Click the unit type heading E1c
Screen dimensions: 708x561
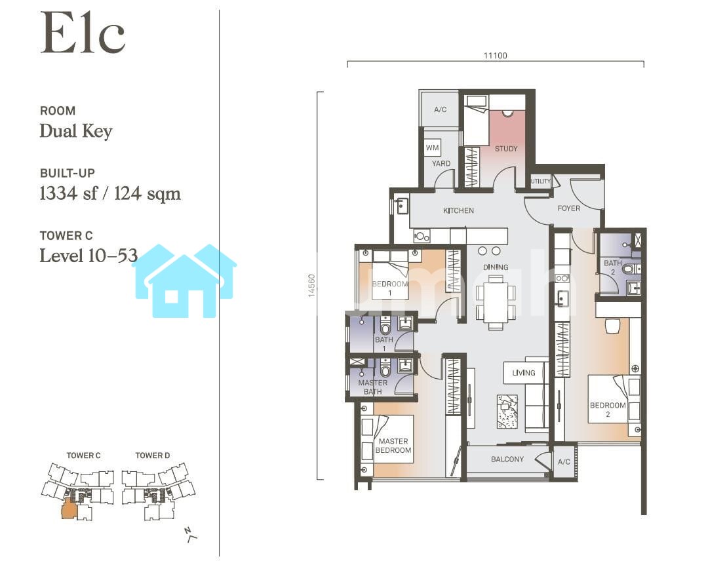tap(83, 33)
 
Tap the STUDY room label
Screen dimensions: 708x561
tap(505, 149)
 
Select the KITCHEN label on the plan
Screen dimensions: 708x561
tap(458, 210)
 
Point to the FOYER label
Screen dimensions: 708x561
tap(569, 208)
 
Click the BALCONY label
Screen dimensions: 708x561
tap(507, 459)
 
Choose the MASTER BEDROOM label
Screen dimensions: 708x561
tap(393, 446)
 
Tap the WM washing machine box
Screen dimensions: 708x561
tap(433, 147)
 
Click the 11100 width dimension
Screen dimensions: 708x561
tap(496, 56)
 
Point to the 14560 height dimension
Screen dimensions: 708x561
tap(311, 285)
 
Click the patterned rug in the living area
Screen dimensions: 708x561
tap(507, 411)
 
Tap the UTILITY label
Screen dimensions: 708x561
tap(540, 181)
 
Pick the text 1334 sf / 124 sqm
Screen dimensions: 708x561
tap(110, 193)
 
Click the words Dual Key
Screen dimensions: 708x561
tap(76, 131)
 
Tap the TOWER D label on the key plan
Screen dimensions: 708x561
tap(153, 455)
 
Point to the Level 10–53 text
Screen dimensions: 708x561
tap(88, 256)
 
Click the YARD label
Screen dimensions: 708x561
tap(441, 163)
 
